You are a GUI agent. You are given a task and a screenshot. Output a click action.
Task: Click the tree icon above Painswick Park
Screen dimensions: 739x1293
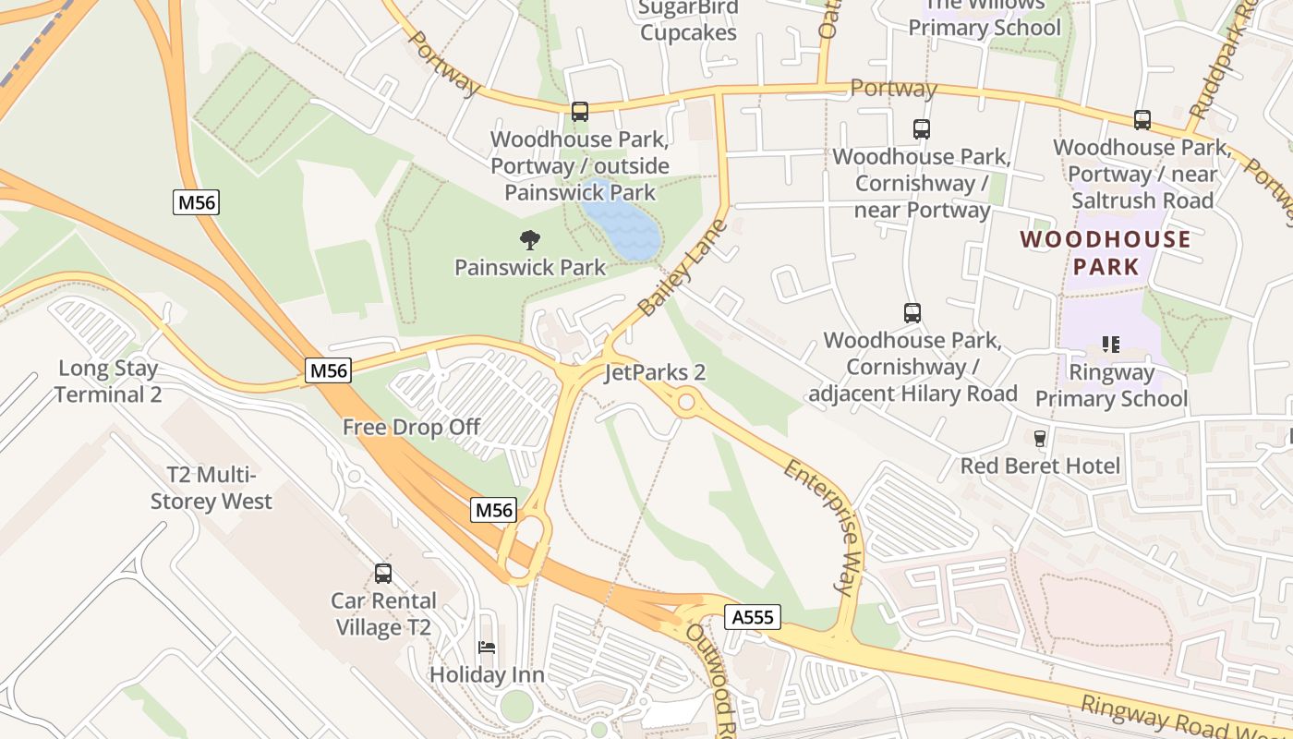click(529, 240)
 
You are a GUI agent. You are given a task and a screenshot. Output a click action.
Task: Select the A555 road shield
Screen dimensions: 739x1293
click(753, 617)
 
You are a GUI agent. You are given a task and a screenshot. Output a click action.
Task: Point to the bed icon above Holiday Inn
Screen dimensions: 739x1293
click(487, 648)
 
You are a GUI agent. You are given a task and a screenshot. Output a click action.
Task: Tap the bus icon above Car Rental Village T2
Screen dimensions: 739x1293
click(383, 574)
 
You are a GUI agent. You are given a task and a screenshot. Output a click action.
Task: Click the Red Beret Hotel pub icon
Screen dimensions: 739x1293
click(1040, 438)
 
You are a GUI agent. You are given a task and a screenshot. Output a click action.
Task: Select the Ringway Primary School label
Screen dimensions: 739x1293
click(1111, 386)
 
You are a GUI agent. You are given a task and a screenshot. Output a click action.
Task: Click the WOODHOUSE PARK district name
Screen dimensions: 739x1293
click(1106, 254)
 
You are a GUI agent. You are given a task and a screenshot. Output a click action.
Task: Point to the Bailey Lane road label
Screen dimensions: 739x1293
click(683, 268)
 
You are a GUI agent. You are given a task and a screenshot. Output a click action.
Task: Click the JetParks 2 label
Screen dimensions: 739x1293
click(655, 372)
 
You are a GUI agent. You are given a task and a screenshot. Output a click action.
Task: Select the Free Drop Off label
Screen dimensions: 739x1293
click(411, 427)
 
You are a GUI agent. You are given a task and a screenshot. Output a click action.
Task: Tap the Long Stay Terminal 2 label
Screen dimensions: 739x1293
click(108, 381)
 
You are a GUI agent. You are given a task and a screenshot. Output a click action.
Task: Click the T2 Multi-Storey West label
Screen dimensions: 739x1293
click(211, 488)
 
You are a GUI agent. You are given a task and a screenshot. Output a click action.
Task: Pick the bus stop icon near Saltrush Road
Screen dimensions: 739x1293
click(1142, 120)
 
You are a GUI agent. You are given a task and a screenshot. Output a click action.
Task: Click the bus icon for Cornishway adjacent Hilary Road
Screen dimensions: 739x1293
click(912, 313)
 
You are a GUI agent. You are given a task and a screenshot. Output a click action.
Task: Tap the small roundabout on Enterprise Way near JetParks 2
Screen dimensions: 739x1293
click(685, 403)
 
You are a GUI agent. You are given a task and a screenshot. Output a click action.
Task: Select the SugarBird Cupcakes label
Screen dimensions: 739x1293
click(689, 20)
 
